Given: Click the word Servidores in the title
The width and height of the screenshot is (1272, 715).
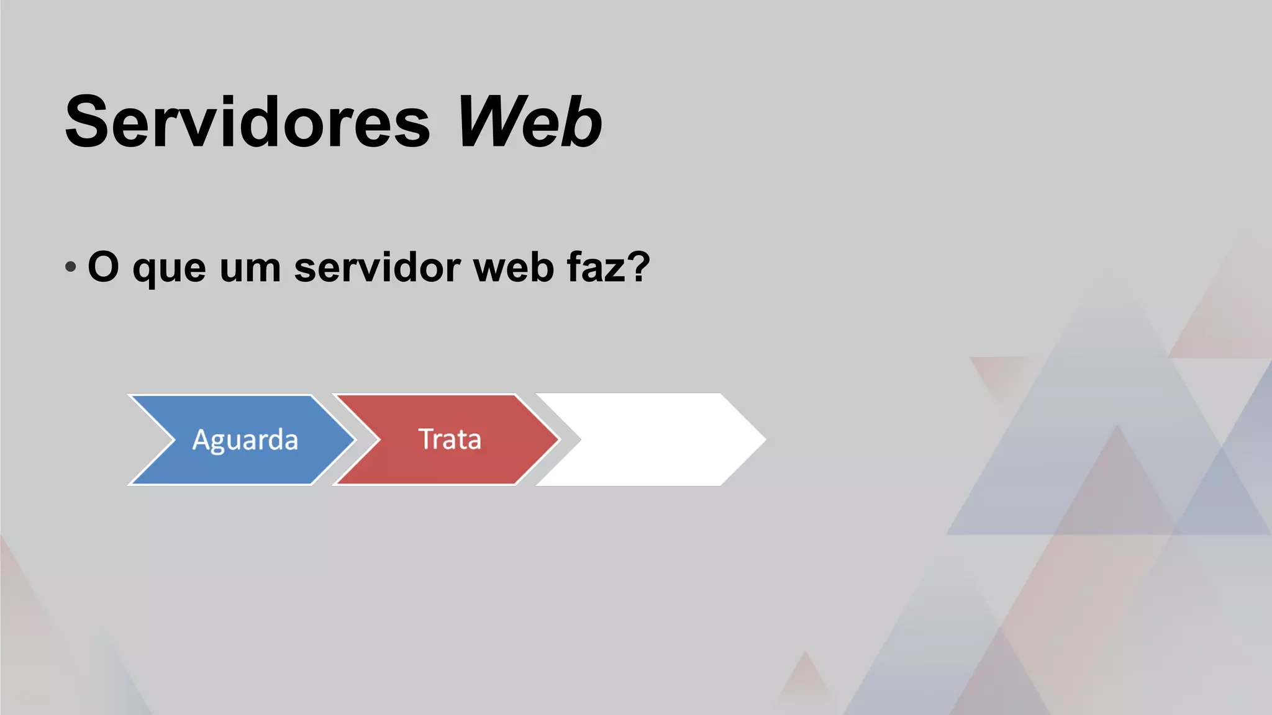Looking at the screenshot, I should [x=247, y=122].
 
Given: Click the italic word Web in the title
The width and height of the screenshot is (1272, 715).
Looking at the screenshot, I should [x=529, y=122].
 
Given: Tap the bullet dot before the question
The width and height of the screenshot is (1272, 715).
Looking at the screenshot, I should [x=70, y=267].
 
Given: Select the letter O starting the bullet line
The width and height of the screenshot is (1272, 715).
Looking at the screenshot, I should [x=103, y=267].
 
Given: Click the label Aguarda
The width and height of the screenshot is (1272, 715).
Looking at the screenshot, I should [x=245, y=439].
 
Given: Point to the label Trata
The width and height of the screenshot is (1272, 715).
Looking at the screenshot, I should [x=450, y=439].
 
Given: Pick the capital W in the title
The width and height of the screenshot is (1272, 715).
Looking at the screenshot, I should [x=488, y=122].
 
